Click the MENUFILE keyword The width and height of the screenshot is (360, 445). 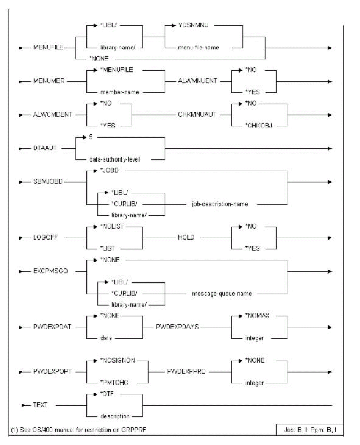tap(48, 48)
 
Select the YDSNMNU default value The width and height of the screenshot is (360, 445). tap(193, 25)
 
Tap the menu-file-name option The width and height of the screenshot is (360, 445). tap(199, 47)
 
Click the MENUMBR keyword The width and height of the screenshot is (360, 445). tap(49, 81)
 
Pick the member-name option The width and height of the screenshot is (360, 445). tap(120, 92)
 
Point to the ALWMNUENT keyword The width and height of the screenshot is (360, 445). tap(197, 81)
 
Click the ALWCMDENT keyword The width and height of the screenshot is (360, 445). tap(52, 115)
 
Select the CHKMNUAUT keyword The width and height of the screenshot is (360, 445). tap(197, 115)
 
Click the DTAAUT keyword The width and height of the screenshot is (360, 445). tap(45, 148)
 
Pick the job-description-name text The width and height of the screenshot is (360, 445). tap(220, 204)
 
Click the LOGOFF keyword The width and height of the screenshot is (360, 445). tap(45, 237)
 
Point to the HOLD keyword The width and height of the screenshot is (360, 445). tap(186, 237)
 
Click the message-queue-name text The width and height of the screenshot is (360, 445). tap(222, 293)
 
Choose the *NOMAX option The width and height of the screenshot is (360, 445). tap(257, 316)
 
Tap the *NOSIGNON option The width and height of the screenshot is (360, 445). tap(117, 361)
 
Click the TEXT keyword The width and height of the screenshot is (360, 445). tap(40, 405)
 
